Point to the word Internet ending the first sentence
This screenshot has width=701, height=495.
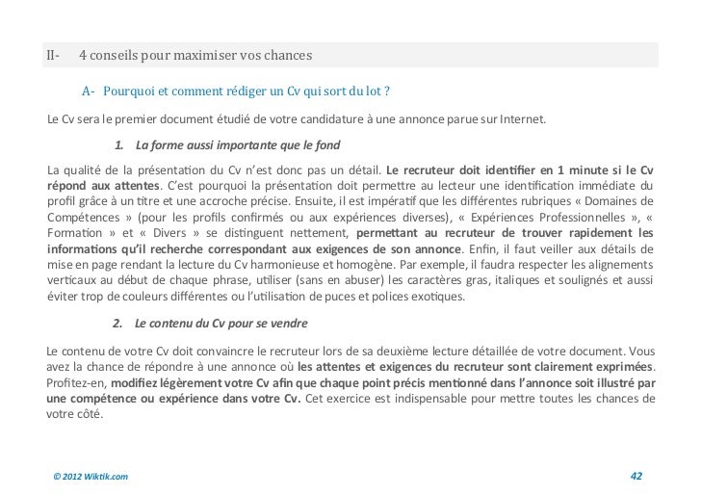click(x=519, y=120)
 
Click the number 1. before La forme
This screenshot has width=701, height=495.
click(x=119, y=146)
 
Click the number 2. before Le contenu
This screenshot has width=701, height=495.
click(x=119, y=323)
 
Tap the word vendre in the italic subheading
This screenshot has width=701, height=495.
click(x=288, y=323)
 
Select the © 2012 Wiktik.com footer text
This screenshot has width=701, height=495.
click(x=91, y=476)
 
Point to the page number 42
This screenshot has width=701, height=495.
click(x=636, y=476)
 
